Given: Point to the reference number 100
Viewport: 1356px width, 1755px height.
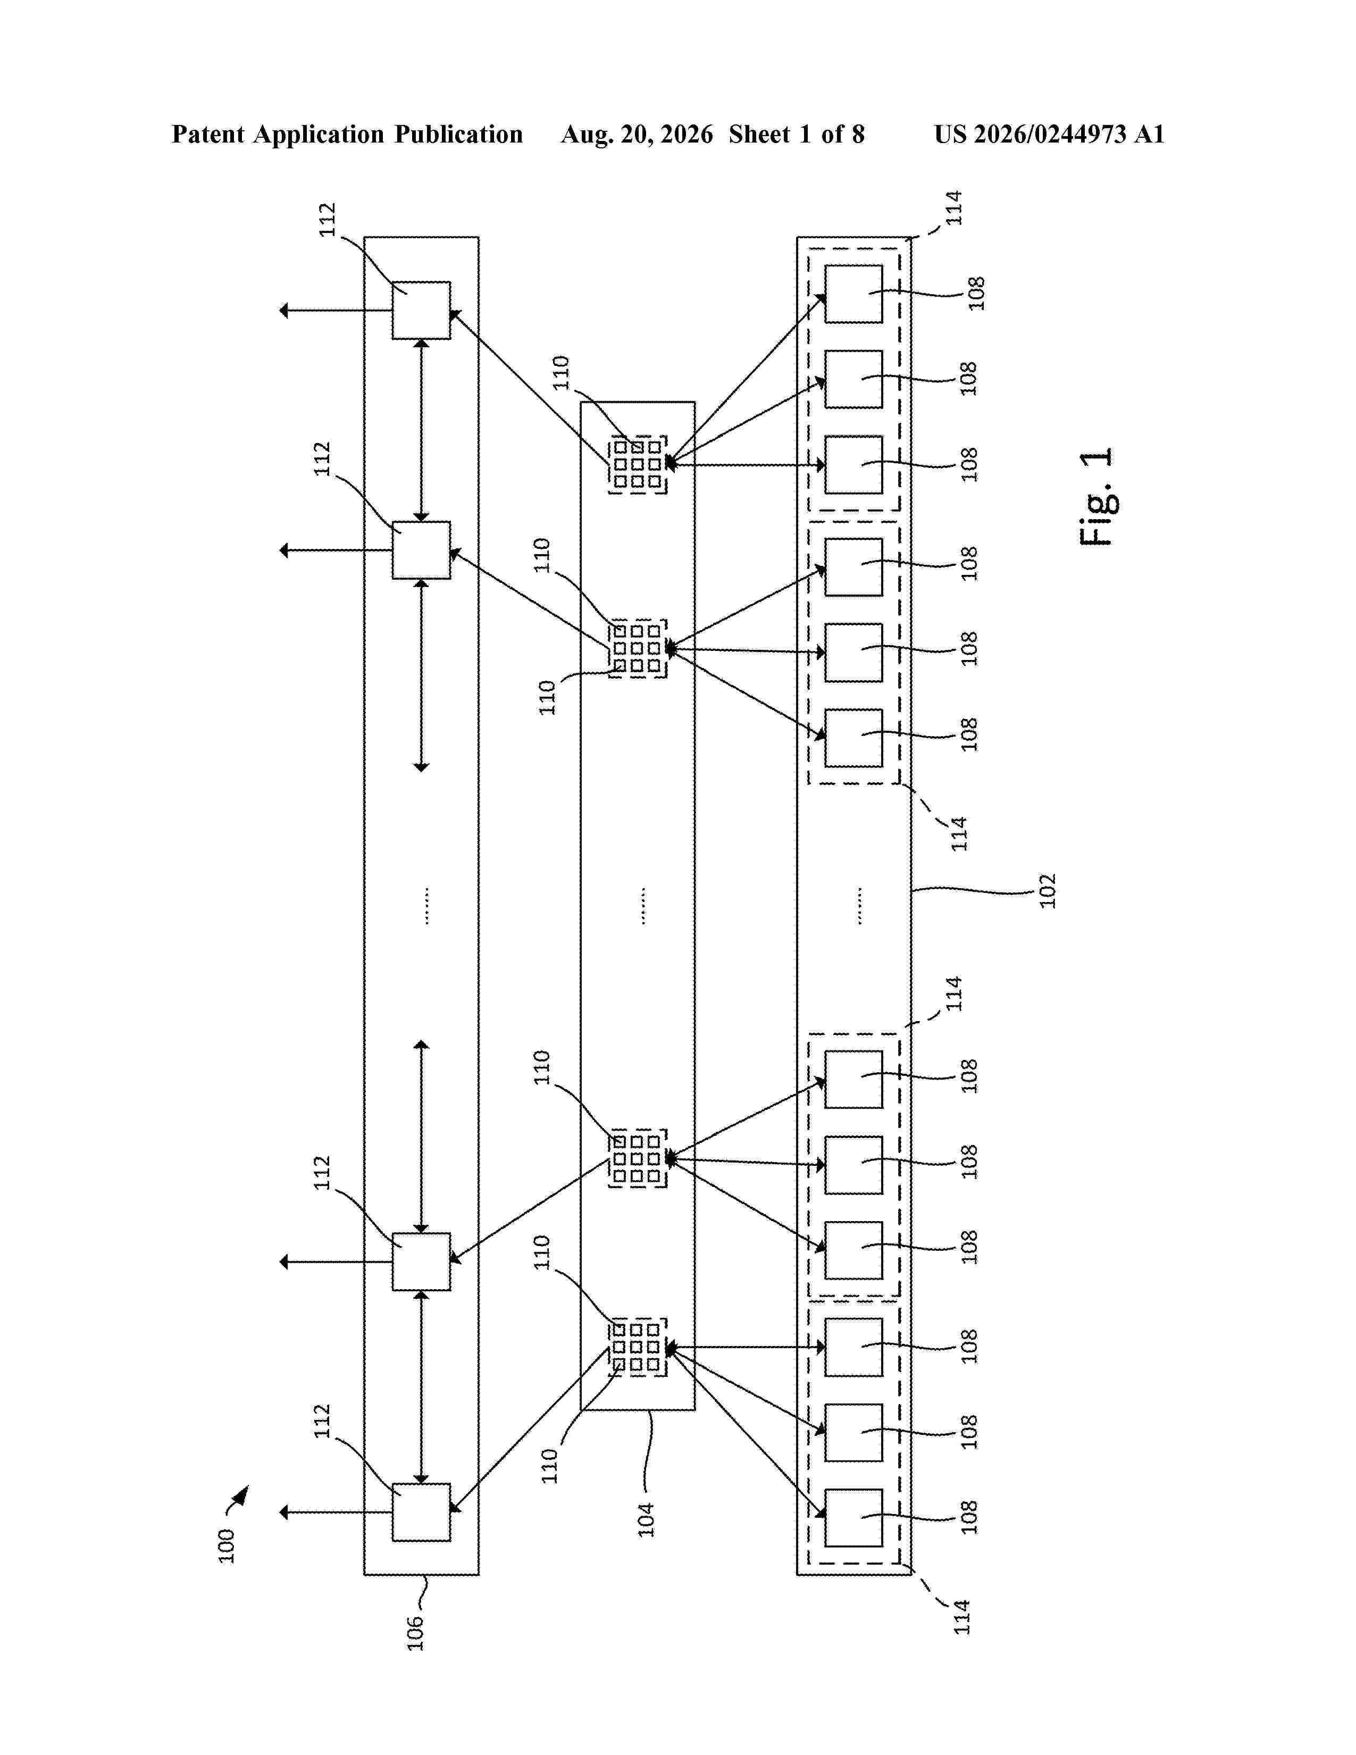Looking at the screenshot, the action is (227, 1545).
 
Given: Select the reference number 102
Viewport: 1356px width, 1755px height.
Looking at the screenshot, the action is (1048, 890).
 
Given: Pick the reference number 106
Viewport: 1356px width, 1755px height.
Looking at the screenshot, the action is (415, 1633).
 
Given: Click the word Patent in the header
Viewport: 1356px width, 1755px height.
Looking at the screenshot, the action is (208, 134).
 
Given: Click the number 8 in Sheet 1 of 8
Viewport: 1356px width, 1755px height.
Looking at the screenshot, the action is (858, 134).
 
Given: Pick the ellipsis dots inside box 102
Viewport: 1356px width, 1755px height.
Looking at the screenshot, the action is (859, 906).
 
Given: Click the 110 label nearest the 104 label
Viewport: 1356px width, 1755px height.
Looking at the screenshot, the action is (549, 1466).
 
